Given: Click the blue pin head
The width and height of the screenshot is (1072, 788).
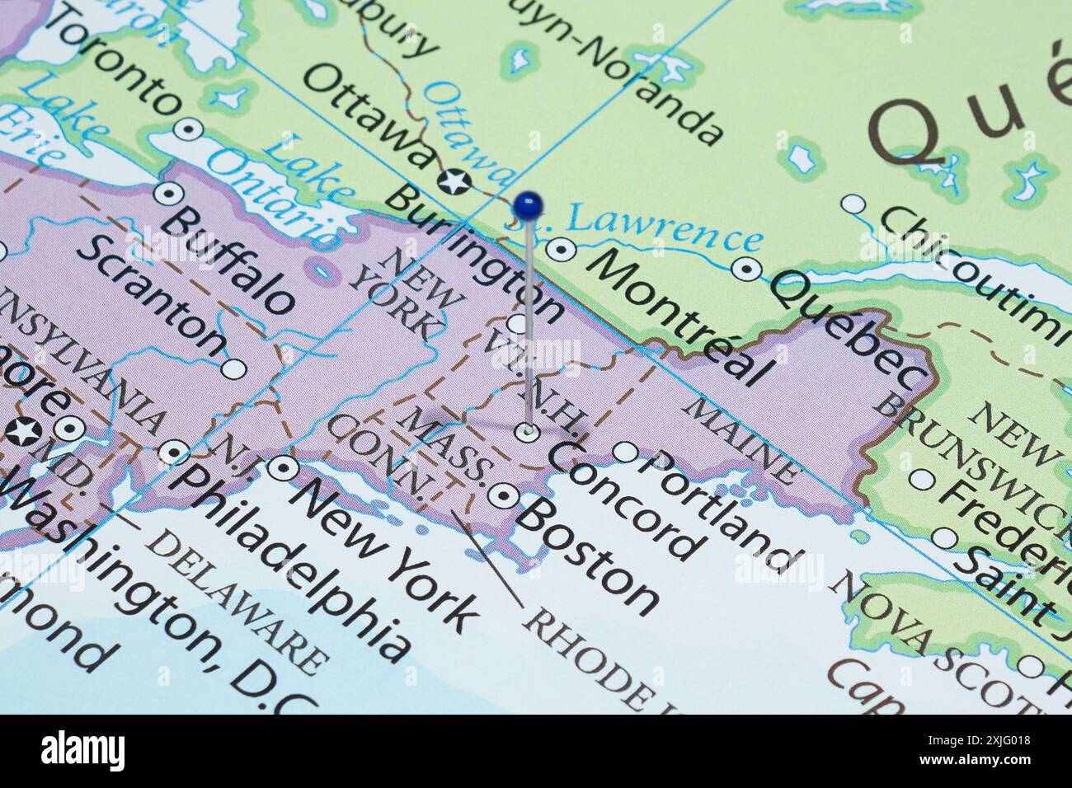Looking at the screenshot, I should tap(526, 203).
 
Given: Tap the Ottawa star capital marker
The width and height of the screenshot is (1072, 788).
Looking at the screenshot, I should tap(453, 181).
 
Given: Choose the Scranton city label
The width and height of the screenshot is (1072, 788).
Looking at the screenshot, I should tap(152, 296).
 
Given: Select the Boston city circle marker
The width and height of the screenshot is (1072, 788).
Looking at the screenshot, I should tap(502, 495).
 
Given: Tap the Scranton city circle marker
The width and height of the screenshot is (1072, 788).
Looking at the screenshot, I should tap(234, 368).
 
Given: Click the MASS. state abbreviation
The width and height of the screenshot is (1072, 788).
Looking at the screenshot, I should tap(450, 446).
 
